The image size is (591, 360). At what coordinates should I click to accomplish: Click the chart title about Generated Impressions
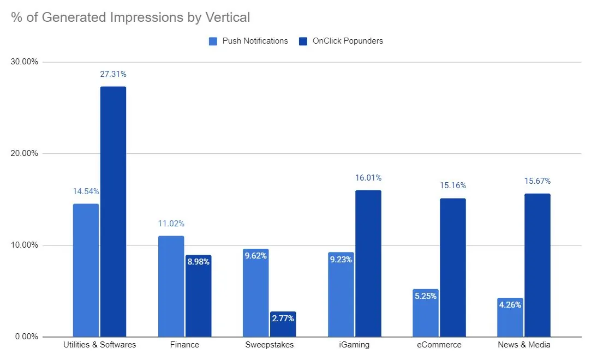click(x=130, y=17)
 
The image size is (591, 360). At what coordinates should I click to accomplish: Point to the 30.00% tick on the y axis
click(x=25, y=62)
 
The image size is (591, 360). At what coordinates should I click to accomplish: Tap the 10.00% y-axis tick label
click(x=25, y=245)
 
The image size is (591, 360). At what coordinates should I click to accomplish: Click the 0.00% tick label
click(x=26, y=337)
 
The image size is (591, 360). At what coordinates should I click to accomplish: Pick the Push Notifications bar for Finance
click(x=171, y=286)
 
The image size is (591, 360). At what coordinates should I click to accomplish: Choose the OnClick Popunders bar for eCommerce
click(x=452, y=267)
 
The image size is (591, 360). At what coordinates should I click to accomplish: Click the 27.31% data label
click(x=113, y=74)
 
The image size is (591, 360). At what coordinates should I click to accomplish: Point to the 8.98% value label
click(x=198, y=262)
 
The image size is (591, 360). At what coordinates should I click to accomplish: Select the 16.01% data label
click(x=368, y=178)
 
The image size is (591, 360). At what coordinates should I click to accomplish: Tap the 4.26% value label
click(x=510, y=305)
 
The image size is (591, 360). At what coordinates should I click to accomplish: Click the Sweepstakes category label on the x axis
click(x=270, y=345)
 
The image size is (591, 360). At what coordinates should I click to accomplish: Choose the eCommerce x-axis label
click(x=439, y=345)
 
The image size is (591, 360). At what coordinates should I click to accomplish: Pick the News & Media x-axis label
click(x=524, y=345)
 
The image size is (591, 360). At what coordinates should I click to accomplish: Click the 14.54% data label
click(x=86, y=191)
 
